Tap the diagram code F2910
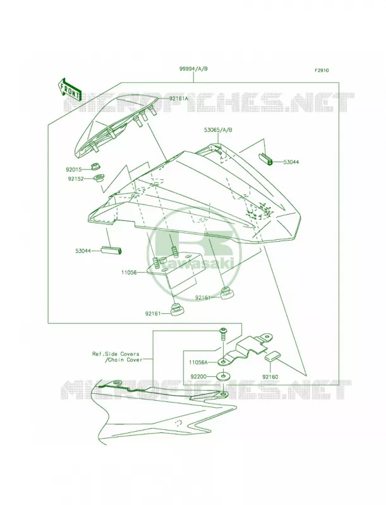point(322,71)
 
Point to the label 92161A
point(178,98)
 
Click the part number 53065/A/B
point(218,130)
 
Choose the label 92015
point(74,169)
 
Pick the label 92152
point(76,178)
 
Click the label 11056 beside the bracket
point(129,273)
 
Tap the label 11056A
point(199,362)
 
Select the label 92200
point(198,376)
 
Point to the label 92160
point(270,376)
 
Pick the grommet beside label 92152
point(99,178)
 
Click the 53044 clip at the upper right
point(266,159)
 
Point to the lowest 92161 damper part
point(177,309)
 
